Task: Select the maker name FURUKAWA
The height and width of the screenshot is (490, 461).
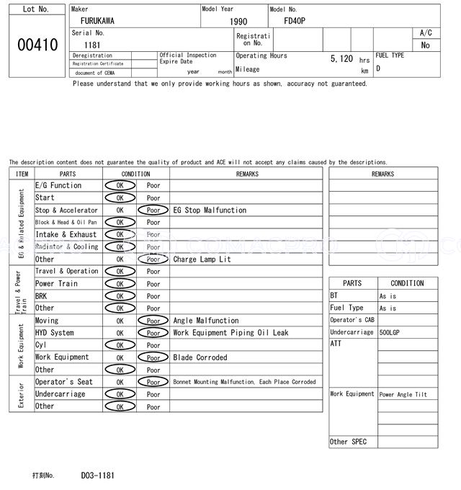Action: tap(97, 22)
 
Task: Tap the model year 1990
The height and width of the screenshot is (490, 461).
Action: tap(238, 22)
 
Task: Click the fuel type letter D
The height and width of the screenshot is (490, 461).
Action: tap(378, 69)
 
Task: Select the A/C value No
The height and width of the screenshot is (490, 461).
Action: tap(426, 45)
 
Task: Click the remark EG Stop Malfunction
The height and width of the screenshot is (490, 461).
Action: tap(210, 210)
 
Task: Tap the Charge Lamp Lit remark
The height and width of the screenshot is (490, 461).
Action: tap(202, 259)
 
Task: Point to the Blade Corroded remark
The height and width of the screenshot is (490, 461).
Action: tap(201, 357)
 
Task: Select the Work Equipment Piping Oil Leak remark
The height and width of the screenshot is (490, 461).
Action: tap(230, 333)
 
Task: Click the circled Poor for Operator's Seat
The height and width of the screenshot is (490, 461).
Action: tap(153, 382)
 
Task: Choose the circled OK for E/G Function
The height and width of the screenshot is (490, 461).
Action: tap(120, 186)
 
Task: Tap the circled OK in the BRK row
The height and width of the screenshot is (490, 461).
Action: tap(120, 296)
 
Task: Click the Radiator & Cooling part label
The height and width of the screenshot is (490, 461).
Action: tap(66, 247)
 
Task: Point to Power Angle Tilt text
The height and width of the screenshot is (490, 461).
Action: tap(403, 395)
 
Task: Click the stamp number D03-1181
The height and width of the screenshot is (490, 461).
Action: tap(97, 476)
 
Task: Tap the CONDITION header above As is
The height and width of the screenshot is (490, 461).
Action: tap(407, 283)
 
